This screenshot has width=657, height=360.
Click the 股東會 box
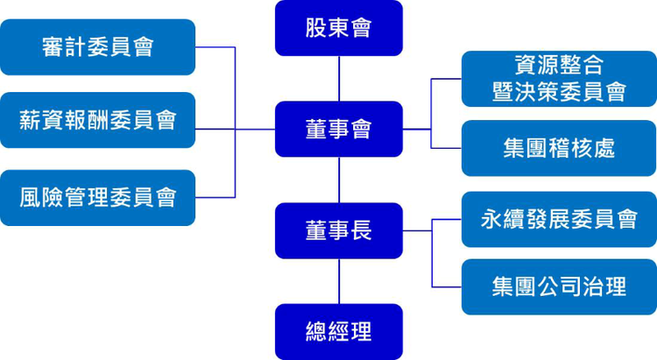click(338, 28)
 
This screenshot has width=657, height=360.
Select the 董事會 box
click(338, 129)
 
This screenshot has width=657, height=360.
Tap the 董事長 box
click(338, 230)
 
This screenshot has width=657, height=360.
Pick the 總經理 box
click(338, 332)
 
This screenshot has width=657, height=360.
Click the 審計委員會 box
click(97, 46)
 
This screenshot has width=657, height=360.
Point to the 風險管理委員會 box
click(97, 197)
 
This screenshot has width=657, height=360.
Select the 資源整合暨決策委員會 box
click(559, 78)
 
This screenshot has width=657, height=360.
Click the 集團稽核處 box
click(559, 147)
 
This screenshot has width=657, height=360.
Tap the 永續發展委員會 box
click(559, 219)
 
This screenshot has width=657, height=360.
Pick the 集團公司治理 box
click(559, 286)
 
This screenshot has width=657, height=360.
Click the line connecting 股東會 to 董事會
click(339, 78)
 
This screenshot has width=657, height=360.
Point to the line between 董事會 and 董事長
click(339, 180)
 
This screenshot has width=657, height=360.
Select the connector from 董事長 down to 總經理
click(339, 281)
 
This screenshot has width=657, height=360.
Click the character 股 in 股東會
click(316, 28)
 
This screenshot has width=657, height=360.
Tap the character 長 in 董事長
click(361, 230)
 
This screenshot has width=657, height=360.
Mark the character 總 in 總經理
click(316, 332)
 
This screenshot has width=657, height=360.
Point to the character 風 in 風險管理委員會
click(31, 197)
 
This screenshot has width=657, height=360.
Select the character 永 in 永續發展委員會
click(492, 219)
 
